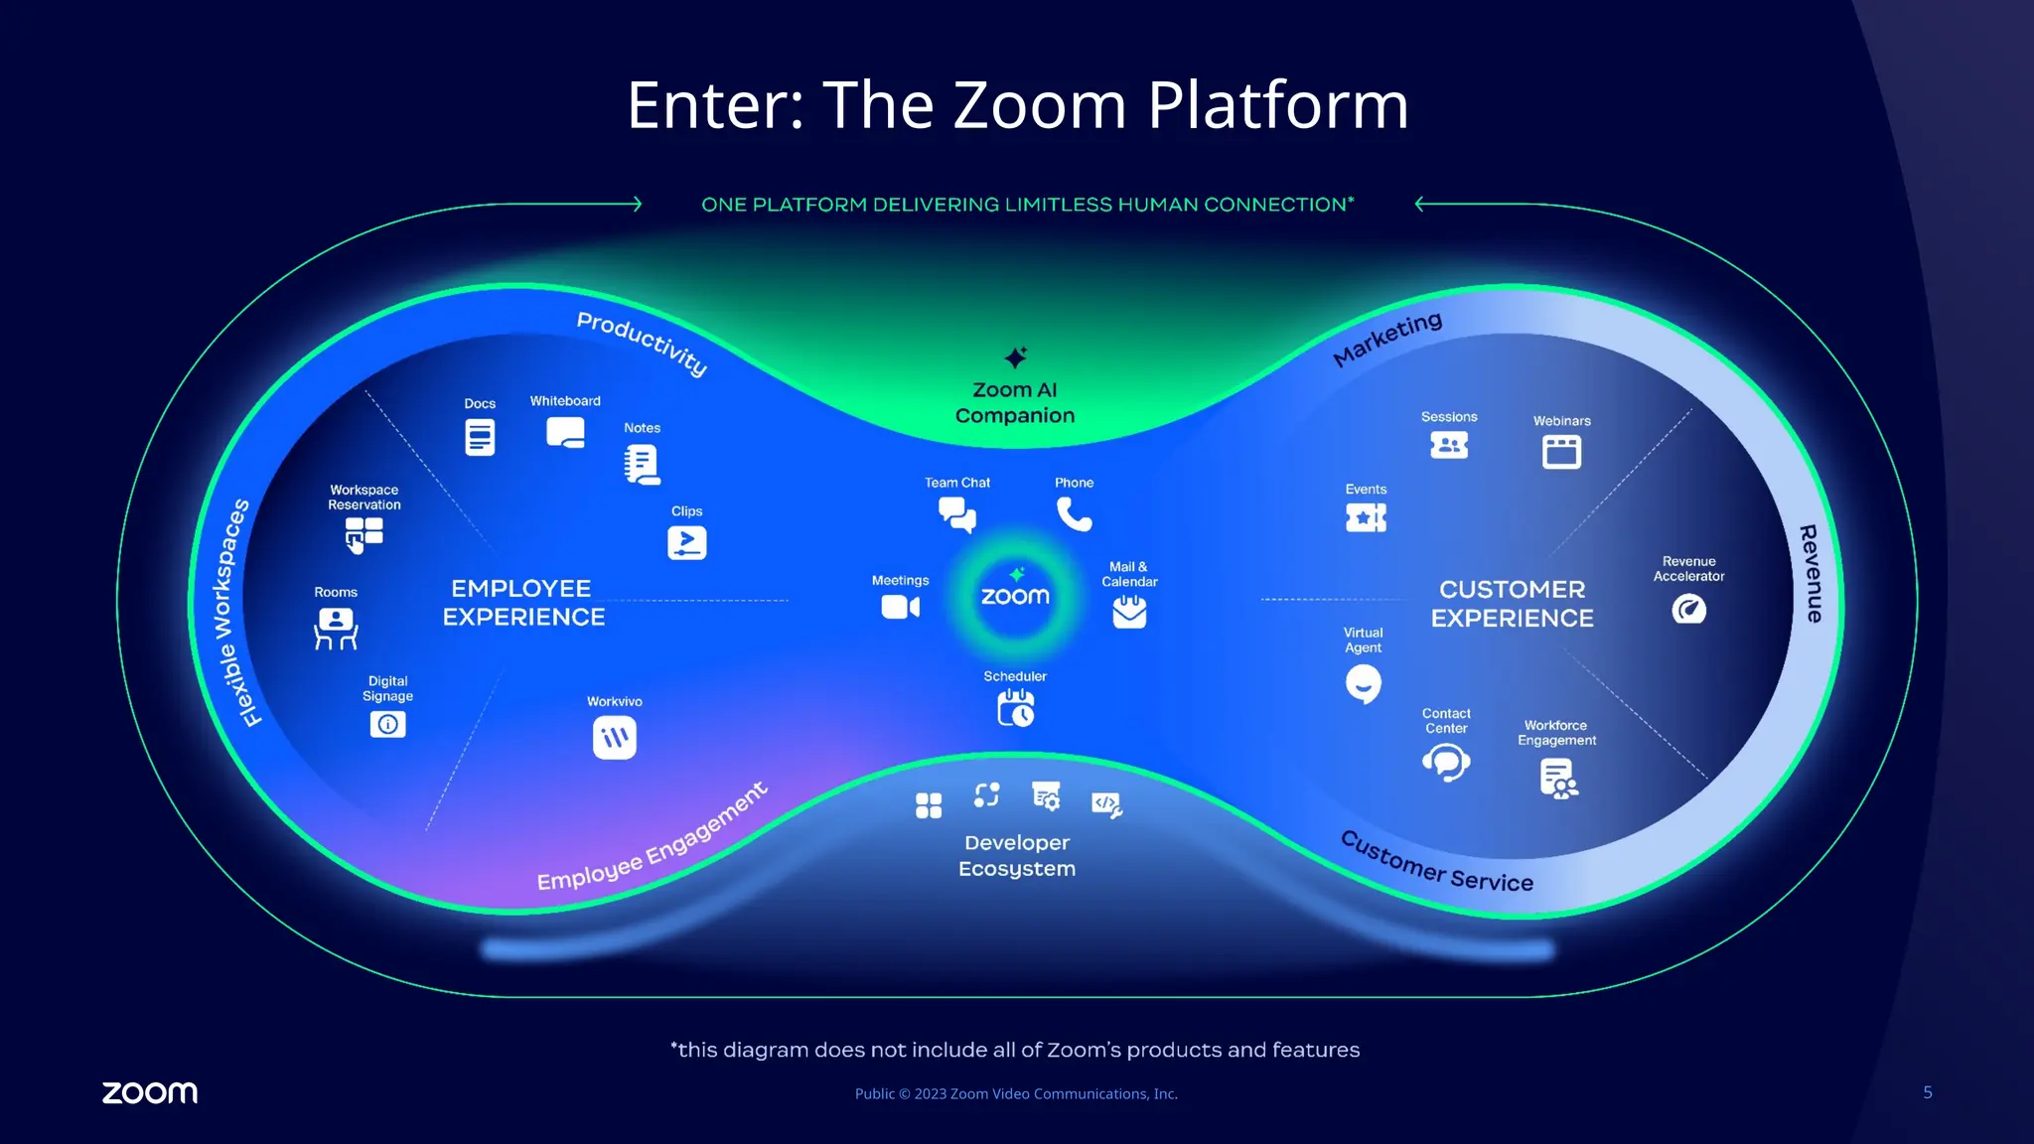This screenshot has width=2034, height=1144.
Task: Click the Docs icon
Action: (480, 437)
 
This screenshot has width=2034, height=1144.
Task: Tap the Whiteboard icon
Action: (565, 433)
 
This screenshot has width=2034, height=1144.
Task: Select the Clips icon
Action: (686, 542)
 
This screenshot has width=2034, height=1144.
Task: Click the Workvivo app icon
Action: (614, 738)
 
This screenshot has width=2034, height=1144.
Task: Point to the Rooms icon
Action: (336, 629)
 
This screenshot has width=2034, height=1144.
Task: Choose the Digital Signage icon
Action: (387, 724)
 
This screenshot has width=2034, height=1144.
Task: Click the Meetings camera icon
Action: (900, 607)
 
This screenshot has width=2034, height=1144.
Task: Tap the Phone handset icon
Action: (1074, 514)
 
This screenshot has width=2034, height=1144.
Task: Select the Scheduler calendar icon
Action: (1015, 708)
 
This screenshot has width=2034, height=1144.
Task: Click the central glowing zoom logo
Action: (1015, 595)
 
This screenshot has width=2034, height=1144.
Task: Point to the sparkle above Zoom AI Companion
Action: (1015, 357)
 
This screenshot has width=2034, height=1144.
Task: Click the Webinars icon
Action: (1561, 452)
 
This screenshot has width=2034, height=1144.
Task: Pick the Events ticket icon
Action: (1366, 517)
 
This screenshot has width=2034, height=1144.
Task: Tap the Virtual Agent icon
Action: (1363, 683)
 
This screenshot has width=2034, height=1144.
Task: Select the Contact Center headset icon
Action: (1446, 763)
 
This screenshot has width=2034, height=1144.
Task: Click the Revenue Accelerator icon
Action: (1688, 609)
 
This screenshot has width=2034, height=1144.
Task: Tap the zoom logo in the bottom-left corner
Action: (150, 1092)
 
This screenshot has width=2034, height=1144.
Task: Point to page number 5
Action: (1927, 1092)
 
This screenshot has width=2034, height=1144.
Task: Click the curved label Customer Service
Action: (1436, 862)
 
